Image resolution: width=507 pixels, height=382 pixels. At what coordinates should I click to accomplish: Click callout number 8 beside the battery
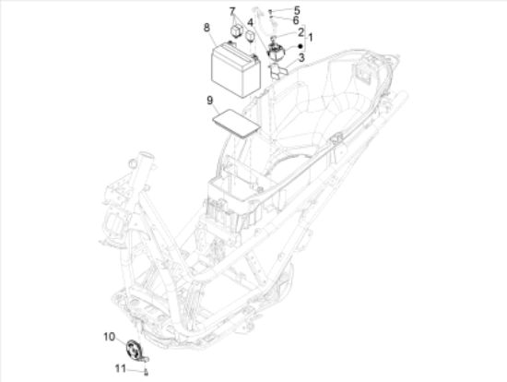pos(206,28)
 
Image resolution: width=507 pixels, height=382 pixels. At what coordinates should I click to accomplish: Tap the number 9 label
pos(210,101)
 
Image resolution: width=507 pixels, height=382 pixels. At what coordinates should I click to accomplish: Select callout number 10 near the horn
pos(110,337)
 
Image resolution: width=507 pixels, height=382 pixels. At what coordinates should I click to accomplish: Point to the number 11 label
pos(120,368)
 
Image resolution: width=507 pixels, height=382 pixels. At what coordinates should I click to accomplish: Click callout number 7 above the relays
pos(232,12)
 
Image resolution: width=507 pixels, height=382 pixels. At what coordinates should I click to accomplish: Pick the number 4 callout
pos(250,22)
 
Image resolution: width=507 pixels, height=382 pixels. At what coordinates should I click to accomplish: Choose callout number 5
pos(297,10)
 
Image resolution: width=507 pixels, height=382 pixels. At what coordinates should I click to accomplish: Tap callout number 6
pos(296,20)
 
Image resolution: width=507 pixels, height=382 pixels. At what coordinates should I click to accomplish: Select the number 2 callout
pos(301,32)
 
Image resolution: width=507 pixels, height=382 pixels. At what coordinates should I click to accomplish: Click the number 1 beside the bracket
pos(311,37)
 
